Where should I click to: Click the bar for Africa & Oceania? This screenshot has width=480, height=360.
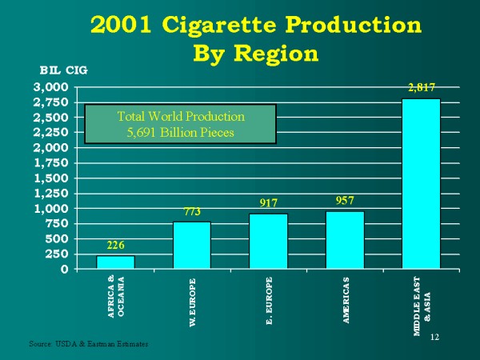click(115, 262)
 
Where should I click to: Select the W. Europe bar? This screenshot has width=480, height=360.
click(191, 245)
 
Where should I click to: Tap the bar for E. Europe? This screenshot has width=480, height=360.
click(268, 241)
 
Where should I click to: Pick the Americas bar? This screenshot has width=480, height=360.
click(345, 240)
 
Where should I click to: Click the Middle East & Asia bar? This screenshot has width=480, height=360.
click(421, 183)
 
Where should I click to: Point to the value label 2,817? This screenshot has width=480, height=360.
click(421, 88)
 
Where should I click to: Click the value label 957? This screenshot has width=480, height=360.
click(345, 201)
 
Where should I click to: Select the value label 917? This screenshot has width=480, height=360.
click(268, 204)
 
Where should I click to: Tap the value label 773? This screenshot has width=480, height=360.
click(191, 213)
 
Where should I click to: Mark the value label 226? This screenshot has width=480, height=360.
click(115, 246)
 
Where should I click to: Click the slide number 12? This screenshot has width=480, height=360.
click(435, 337)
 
